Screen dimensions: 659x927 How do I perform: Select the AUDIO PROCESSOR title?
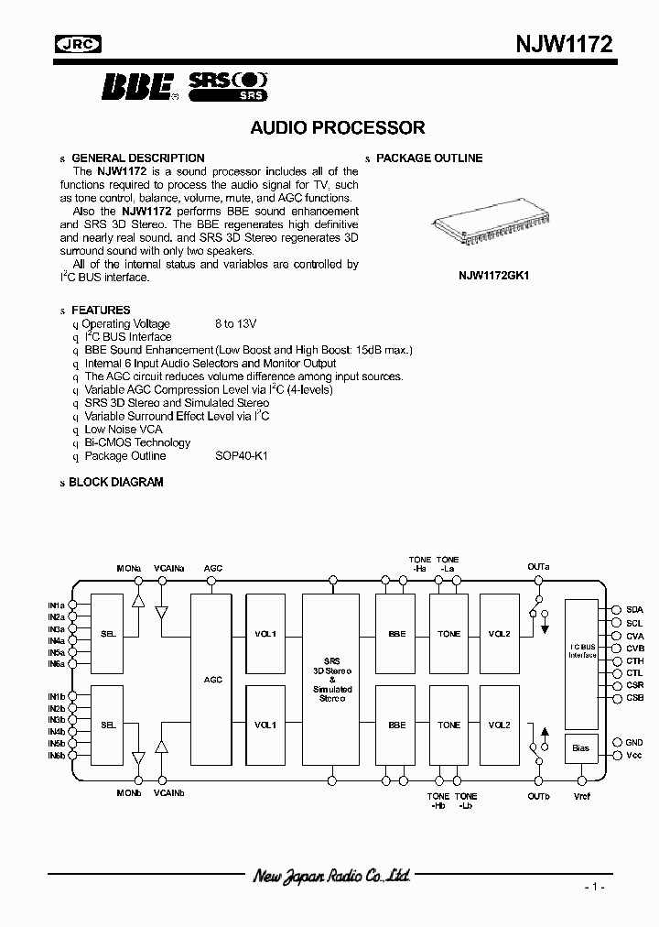coord(338,128)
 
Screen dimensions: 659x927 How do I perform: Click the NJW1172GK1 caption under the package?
coord(495,274)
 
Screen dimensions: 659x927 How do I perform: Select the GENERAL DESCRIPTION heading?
coord(138,158)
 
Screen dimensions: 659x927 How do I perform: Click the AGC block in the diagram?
coord(212,680)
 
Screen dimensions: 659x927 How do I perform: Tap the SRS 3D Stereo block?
coord(330,680)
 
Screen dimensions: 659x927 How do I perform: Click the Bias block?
coord(580,748)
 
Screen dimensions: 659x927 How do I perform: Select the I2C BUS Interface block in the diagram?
coord(582,649)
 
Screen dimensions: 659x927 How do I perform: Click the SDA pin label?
coord(634,609)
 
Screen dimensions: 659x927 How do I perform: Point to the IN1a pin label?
coord(56,605)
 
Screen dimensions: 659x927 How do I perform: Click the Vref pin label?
coord(582,796)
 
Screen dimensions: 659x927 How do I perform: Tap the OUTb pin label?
coord(538,796)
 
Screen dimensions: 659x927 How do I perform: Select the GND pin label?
coord(634,742)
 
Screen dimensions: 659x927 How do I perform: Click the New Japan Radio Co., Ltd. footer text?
coord(330,877)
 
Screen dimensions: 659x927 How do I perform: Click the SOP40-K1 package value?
coord(242,456)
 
